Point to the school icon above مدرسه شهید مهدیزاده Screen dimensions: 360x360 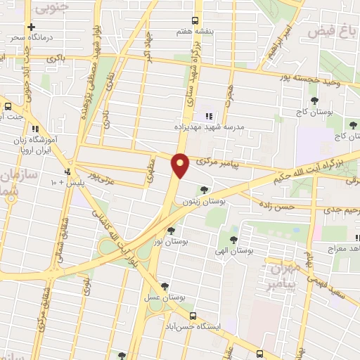208,115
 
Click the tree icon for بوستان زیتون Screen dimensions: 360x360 204,189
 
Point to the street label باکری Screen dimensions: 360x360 56,58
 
